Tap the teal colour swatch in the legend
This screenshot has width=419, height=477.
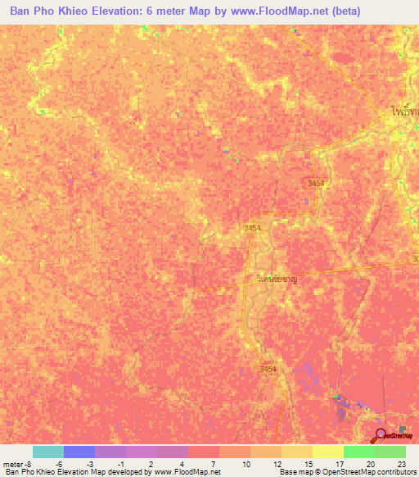pyautogui.click(x=48, y=452)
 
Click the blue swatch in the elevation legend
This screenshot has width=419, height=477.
pyautogui.click(x=79, y=452)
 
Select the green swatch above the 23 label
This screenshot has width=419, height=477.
pyautogui.click(x=390, y=452)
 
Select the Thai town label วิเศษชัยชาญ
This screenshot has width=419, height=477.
pyautogui.click(x=269, y=279)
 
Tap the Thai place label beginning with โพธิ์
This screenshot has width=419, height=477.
pyautogui.click(x=403, y=108)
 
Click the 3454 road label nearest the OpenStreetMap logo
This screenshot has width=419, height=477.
pyautogui.click(x=269, y=370)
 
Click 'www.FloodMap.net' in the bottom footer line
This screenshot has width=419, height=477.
pyautogui.click(x=187, y=472)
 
